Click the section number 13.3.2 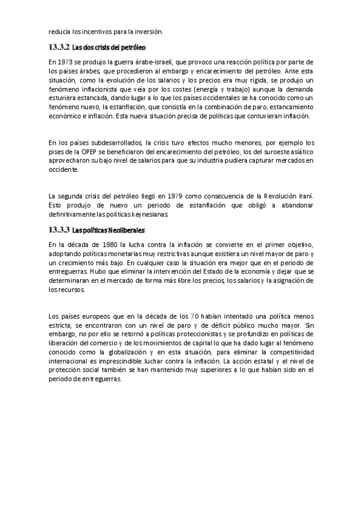(x=58, y=46)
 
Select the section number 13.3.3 (x=58, y=230)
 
